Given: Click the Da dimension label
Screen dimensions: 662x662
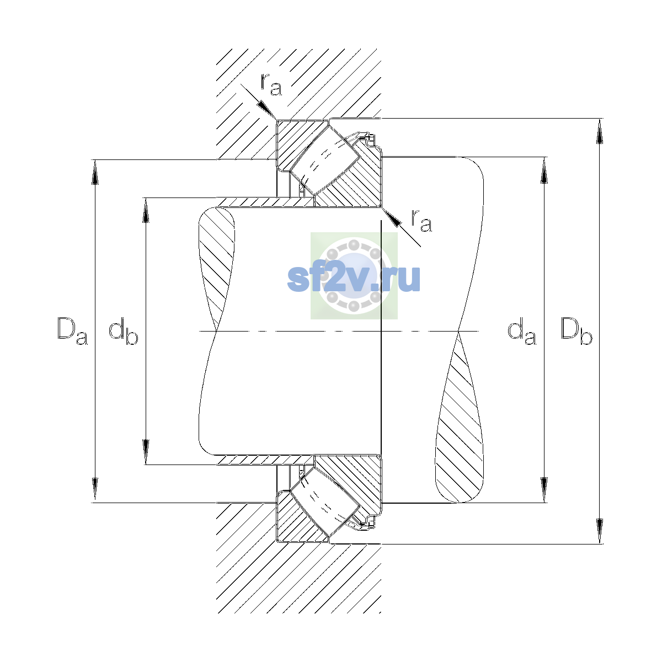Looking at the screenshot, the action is (x=72, y=331).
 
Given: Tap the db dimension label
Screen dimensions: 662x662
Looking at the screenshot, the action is (x=124, y=331).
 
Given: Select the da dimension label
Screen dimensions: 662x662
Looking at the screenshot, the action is (x=522, y=331).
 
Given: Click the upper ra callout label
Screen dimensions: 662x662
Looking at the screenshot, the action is (x=271, y=84).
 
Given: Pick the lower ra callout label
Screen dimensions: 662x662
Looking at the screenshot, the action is (x=421, y=220).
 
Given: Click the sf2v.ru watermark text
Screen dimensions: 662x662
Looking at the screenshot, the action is (x=354, y=279).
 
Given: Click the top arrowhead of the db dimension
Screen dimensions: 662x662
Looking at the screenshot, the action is (x=146, y=210).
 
